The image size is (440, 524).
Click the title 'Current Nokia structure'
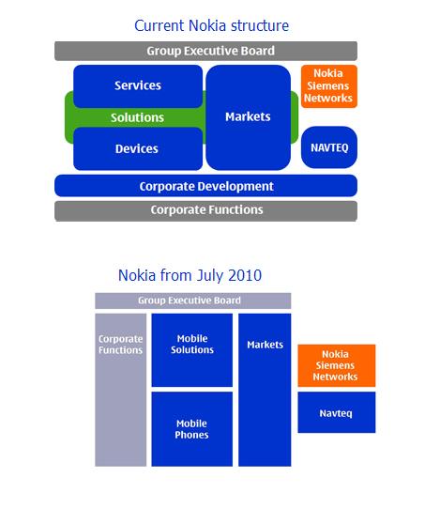(x=211, y=25)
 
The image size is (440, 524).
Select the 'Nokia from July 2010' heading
(x=190, y=276)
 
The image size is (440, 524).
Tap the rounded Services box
(x=138, y=86)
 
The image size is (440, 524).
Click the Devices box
(x=138, y=148)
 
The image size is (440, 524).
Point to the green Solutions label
(x=137, y=117)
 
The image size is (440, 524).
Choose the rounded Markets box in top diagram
(x=248, y=117)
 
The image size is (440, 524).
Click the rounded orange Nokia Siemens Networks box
(x=329, y=86)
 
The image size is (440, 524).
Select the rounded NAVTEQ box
(x=329, y=147)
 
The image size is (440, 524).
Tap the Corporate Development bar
(x=205, y=186)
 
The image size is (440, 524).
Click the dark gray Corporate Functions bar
(x=205, y=211)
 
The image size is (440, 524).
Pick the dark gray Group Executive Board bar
(x=205, y=51)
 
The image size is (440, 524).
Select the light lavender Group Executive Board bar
(x=193, y=301)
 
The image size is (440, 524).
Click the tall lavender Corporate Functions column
(x=120, y=390)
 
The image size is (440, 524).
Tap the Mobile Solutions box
(x=192, y=350)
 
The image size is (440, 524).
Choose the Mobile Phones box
(x=192, y=429)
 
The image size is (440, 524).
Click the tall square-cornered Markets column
(x=265, y=390)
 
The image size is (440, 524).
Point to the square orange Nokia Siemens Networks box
(x=337, y=365)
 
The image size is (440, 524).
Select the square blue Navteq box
(x=337, y=412)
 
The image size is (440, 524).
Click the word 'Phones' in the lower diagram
(x=191, y=435)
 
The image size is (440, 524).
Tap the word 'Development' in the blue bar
(x=235, y=187)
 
